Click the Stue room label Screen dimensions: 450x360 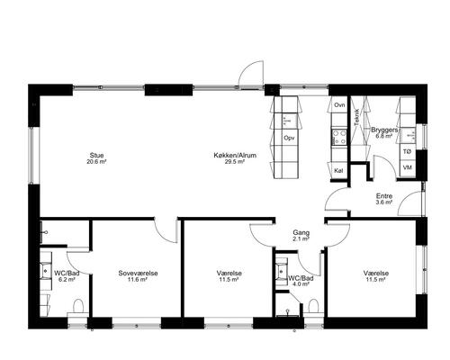click(97, 156)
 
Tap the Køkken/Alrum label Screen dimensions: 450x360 click(235, 156)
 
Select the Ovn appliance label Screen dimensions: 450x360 click(339, 105)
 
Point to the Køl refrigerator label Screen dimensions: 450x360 click(338, 171)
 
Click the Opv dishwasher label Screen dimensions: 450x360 click(289, 138)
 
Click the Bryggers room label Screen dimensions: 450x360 click(384, 130)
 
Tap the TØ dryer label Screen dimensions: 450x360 click(407, 152)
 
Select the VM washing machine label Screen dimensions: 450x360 click(407, 167)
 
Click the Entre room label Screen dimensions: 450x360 click(384, 196)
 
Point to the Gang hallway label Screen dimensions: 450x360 click(301, 232)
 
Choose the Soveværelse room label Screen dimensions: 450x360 click(138, 274)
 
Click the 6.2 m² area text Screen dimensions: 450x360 click(67, 279)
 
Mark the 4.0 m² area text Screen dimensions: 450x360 click(301, 284)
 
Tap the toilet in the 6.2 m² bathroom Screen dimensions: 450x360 click(78, 306)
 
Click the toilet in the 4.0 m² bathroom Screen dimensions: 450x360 click(313, 306)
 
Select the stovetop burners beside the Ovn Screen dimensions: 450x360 click(339, 137)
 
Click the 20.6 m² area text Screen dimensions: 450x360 click(97, 161)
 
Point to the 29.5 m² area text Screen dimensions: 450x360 click(235, 161)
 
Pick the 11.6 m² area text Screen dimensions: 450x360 click(138, 279)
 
